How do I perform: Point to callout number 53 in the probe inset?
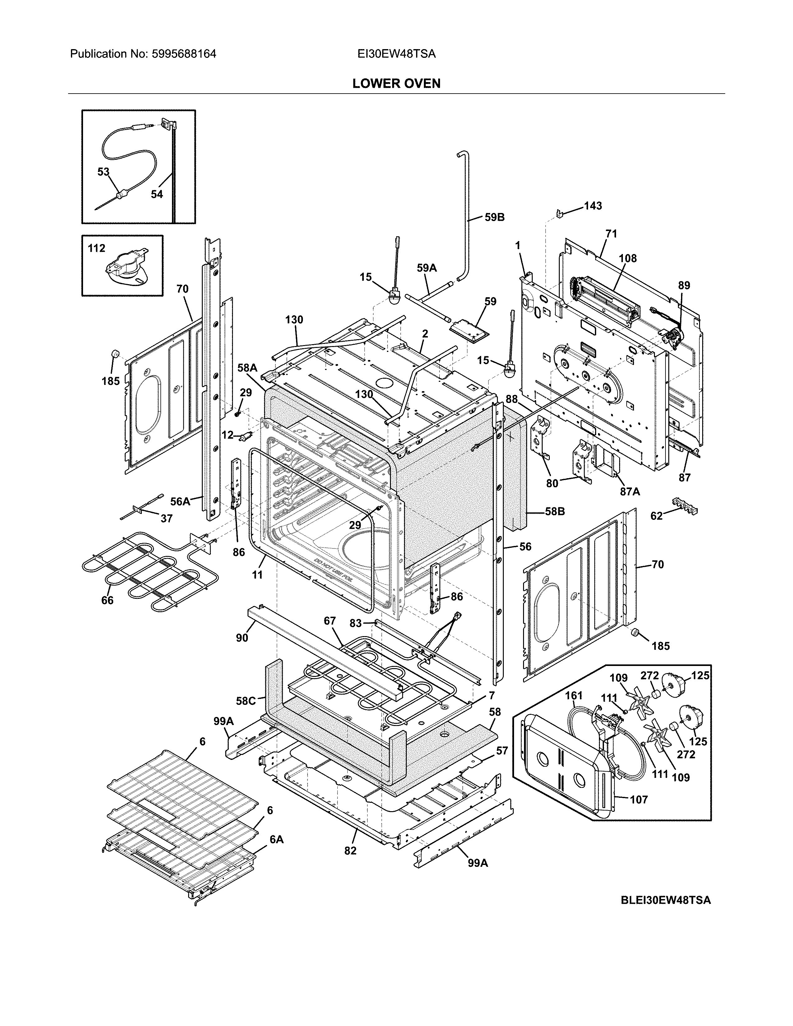tap(103, 172)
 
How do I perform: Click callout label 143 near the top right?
tap(592, 206)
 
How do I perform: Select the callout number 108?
tap(627, 258)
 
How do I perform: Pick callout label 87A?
tap(629, 491)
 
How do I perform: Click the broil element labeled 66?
tap(141, 564)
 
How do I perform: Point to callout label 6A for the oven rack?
tap(276, 839)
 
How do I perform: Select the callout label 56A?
tap(180, 502)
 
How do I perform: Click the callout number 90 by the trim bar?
tap(242, 638)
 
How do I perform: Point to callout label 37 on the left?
tap(166, 519)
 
